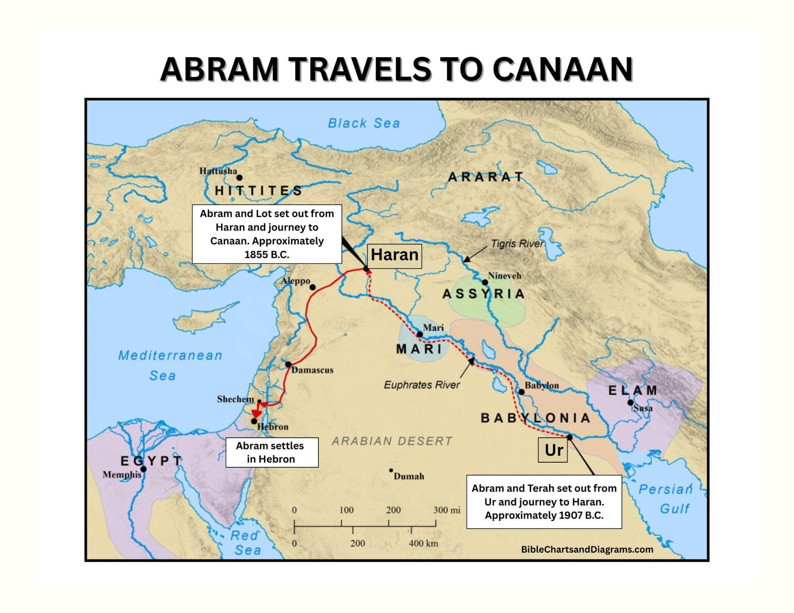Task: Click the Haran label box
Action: pyautogui.click(x=395, y=255)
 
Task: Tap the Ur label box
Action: pyautogui.click(x=553, y=450)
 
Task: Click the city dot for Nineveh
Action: pyautogui.click(x=485, y=282)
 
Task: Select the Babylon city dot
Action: pyautogui.click(x=522, y=392)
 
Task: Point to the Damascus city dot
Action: pyautogui.click(x=288, y=364)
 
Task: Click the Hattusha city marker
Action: pyautogui.click(x=239, y=178)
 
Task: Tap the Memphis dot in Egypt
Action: pyautogui.click(x=144, y=469)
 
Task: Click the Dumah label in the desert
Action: pyautogui.click(x=409, y=476)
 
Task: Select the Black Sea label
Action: pyautogui.click(x=364, y=123)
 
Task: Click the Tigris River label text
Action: pyautogui.click(x=517, y=244)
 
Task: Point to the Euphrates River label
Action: pyautogui.click(x=422, y=385)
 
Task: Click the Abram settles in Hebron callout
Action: pyautogui.click(x=272, y=452)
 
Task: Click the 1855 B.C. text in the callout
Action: pyautogui.click(x=267, y=255)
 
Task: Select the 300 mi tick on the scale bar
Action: pyautogui.click(x=436, y=523)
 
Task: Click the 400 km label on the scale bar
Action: pyautogui.click(x=423, y=543)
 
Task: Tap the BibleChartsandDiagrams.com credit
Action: pyautogui.click(x=587, y=550)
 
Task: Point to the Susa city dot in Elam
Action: pyautogui.click(x=630, y=403)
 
